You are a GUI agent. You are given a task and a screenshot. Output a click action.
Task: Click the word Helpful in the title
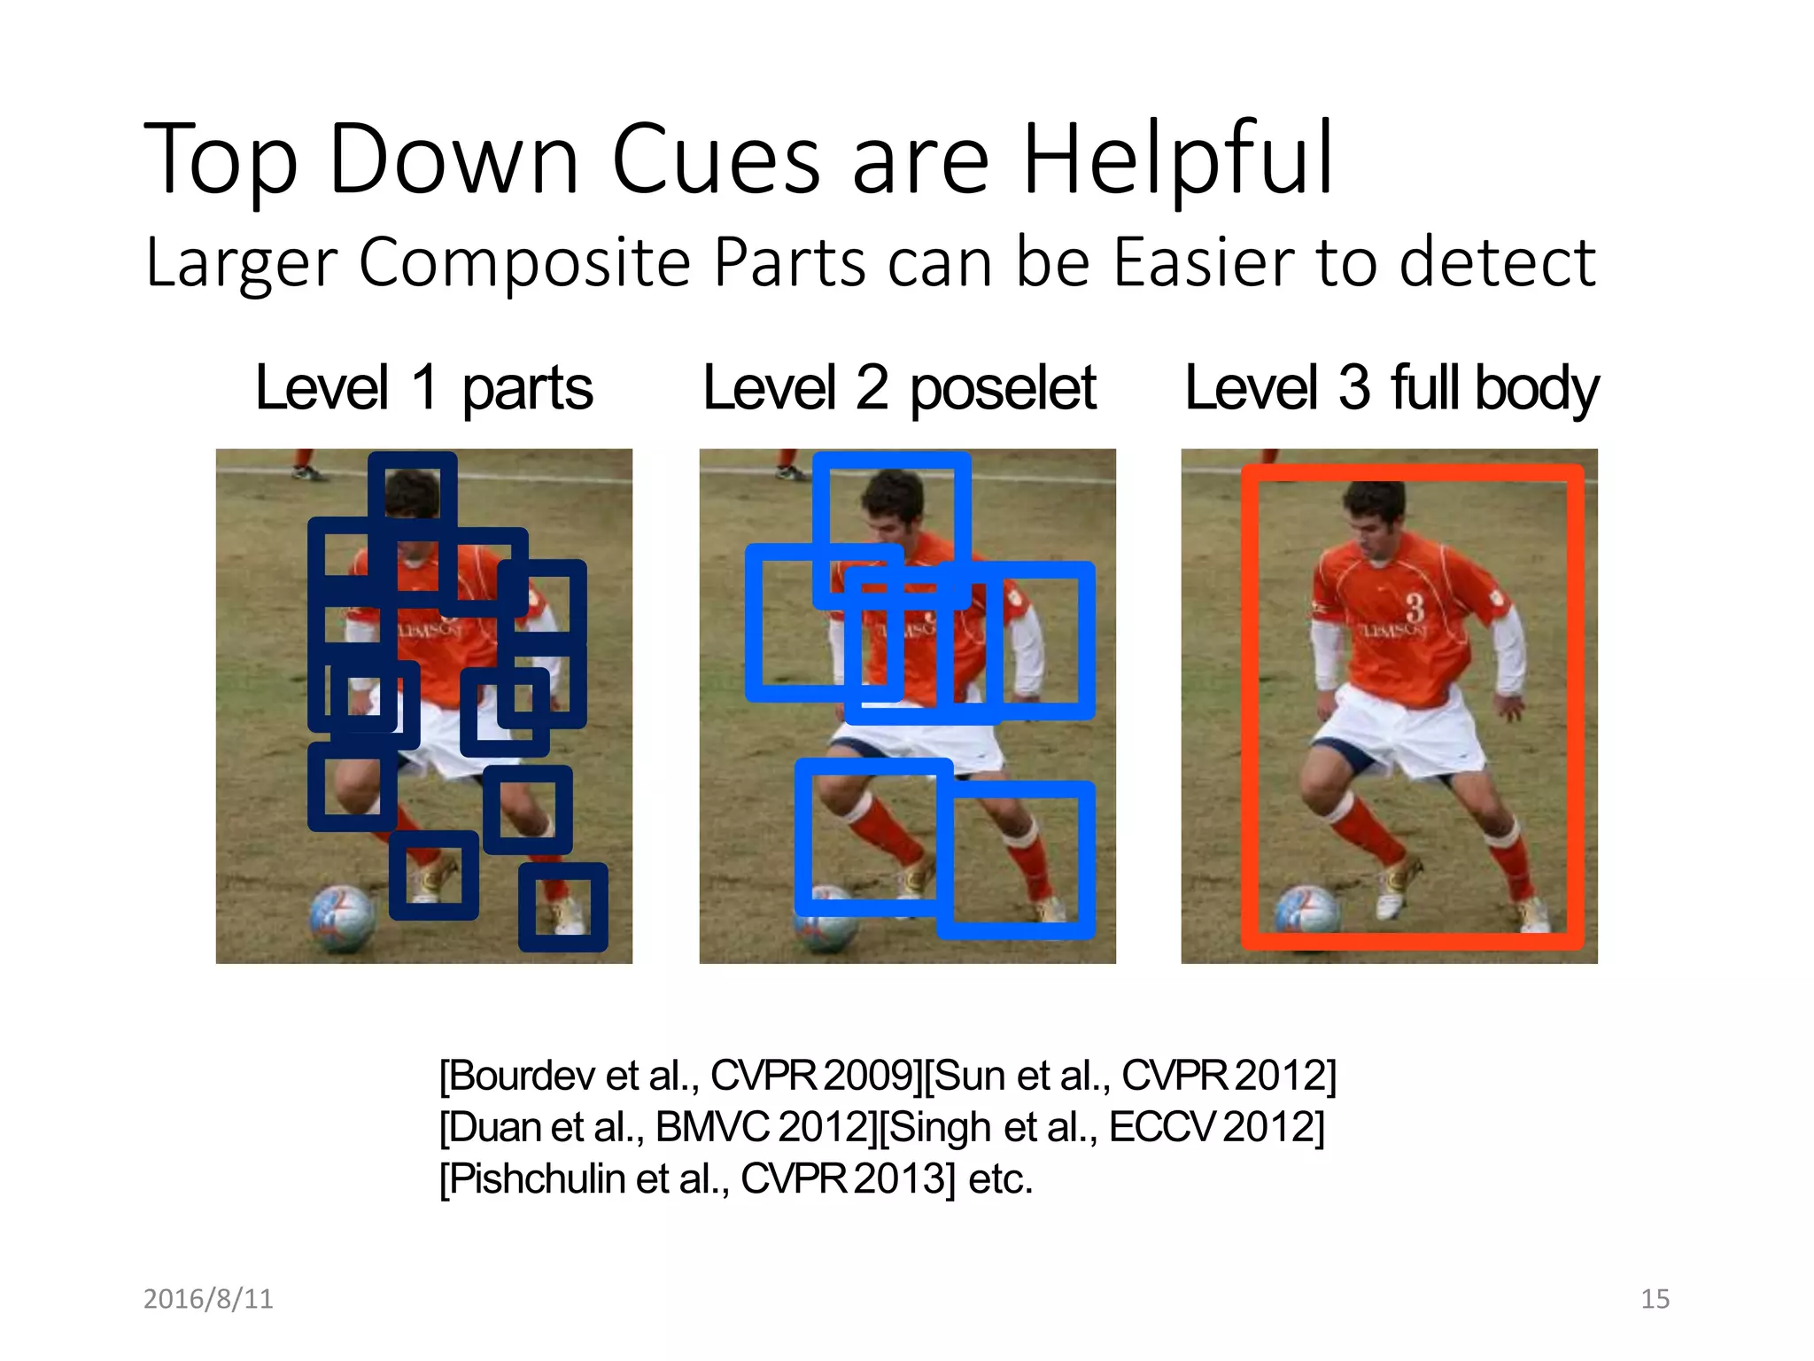(1178, 159)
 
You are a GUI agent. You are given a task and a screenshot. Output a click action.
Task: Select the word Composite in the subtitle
(523, 262)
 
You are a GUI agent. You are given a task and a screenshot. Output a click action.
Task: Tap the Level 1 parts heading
(423, 388)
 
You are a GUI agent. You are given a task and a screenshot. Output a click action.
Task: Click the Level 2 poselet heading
(899, 388)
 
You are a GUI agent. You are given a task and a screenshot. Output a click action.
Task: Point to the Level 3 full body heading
(1391, 388)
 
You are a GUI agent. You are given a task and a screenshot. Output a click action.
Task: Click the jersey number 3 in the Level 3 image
(1415, 608)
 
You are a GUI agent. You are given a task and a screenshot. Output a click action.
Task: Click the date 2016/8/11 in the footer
(208, 1299)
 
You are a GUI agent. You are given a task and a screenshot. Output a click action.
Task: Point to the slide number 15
(1655, 1299)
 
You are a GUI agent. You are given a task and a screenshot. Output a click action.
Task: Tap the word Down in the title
(453, 159)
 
